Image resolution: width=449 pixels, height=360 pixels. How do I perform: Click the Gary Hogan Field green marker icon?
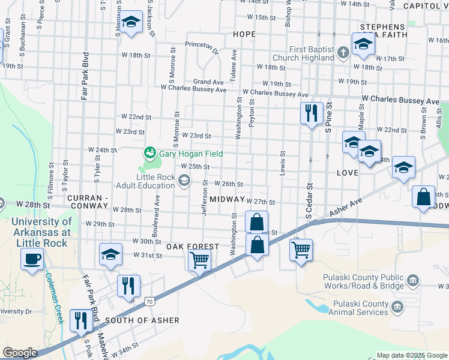[149, 154]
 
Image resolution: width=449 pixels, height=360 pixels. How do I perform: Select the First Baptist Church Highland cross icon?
[343, 52]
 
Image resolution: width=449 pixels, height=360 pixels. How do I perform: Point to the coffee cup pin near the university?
[32, 259]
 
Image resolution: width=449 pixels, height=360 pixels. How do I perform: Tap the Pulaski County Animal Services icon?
[396, 308]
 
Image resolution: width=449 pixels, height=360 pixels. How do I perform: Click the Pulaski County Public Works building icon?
[412, 280]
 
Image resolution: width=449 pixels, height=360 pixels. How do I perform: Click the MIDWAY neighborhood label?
[227, 199]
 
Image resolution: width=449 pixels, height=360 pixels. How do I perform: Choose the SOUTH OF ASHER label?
[142, 320]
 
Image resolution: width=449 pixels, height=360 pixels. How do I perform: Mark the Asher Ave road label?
[346, 207]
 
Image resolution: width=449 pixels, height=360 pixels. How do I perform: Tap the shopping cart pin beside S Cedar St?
[301, 248]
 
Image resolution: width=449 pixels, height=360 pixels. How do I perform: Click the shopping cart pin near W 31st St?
[199, 260]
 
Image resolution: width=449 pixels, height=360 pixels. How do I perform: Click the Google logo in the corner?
[20, 352]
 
